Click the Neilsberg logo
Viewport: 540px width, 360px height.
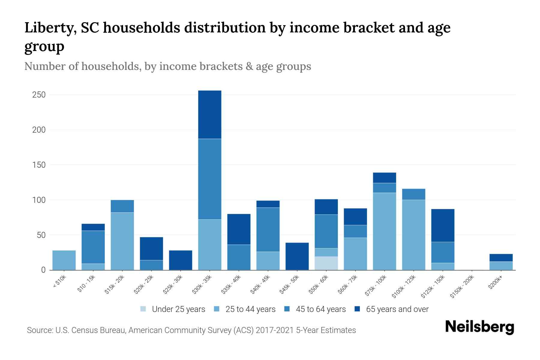[x=479, y=327]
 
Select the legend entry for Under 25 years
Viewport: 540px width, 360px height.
[x=173, y=309]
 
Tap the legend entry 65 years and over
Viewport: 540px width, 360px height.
[x=391, y=309]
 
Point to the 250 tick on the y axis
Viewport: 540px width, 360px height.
[x=39, y=95]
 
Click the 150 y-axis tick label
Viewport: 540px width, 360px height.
[x=39, y=165]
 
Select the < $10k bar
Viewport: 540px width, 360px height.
[x=64, y=260]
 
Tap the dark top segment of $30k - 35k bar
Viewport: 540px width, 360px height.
[x=210, y=115]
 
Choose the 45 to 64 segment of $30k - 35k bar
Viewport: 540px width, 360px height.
[x=210, y=179]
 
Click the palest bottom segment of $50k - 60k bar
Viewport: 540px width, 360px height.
[x=326, y=263]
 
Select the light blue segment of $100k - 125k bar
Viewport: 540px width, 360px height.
[x=414, y=235]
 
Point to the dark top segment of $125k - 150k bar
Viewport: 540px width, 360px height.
[x=443, y=225]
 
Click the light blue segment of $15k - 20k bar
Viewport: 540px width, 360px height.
[x=122, y=241]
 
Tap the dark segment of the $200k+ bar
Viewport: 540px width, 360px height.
[x=501, y=258]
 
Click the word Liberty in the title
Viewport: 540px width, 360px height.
[x=47, y=28]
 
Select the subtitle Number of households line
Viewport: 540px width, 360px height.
[x=168, y=66]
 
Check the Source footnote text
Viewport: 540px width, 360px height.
[x=191, y=330]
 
